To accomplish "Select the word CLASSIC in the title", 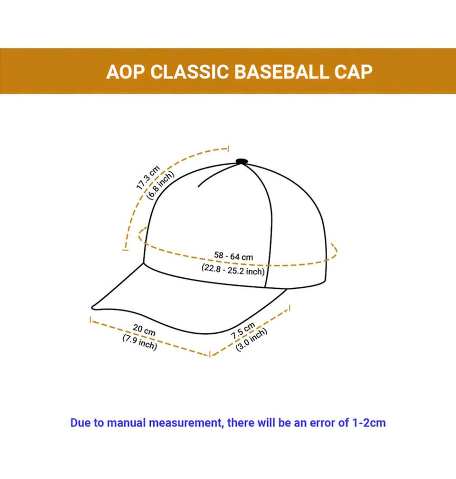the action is point(190,72).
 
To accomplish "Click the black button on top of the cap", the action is point(241,161).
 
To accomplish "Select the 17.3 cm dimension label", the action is point(148,178).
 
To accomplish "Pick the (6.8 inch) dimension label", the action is point(160,185).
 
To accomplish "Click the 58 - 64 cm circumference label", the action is point(234,256).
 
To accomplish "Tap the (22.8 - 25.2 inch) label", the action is point(233,269).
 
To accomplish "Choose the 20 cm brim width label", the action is point(144,330).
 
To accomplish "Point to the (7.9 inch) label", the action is point(140,342).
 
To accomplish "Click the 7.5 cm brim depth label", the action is point(243,330).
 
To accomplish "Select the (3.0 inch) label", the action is point(251,339).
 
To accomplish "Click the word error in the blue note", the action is point(323,423).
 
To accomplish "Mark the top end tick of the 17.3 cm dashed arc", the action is point(228,149).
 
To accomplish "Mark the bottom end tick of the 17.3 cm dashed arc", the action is point(125,250).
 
